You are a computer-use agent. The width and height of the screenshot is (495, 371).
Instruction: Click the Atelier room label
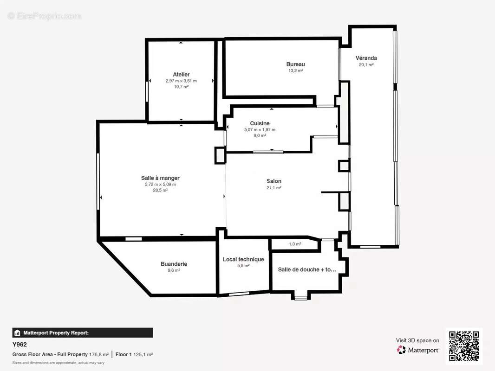tap(181, 74)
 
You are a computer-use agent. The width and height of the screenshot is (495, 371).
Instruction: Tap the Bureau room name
tap(295, 64)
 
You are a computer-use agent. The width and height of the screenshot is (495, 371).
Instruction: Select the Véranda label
tap(366, 58)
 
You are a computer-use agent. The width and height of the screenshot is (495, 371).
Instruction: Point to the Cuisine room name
tap(260, 123)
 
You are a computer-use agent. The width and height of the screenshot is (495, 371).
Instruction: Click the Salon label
tap(274, 181)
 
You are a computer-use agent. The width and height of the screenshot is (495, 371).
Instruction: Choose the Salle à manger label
tap(160, 178)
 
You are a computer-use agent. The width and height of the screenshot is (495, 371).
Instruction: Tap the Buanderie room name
tap(174, 264)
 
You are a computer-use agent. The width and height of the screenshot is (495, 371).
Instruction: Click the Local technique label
tap(243, 259)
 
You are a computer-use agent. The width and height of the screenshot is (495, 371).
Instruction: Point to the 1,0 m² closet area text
tap(295, 244)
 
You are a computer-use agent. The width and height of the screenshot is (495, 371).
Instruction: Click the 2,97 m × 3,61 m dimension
tap(181, 81)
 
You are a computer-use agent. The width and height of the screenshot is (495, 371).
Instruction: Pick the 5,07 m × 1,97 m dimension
tap(260, 129)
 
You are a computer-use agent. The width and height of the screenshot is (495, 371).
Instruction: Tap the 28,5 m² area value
tap(160, 190)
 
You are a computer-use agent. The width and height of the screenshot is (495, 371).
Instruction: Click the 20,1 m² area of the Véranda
tap(366, 64)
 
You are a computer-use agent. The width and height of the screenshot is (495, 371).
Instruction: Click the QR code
tap(464, 346)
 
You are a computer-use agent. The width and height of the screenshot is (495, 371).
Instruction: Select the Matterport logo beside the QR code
tap(417, 350)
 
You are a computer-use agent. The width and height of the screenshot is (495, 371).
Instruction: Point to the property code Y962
tap(20, 345)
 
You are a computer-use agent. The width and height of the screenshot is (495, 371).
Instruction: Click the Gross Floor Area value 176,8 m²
tap(99, 355)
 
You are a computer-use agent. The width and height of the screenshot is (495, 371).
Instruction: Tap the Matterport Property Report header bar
tap(82, 333)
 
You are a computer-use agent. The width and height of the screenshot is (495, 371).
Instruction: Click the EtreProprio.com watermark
tap(45, 16)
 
